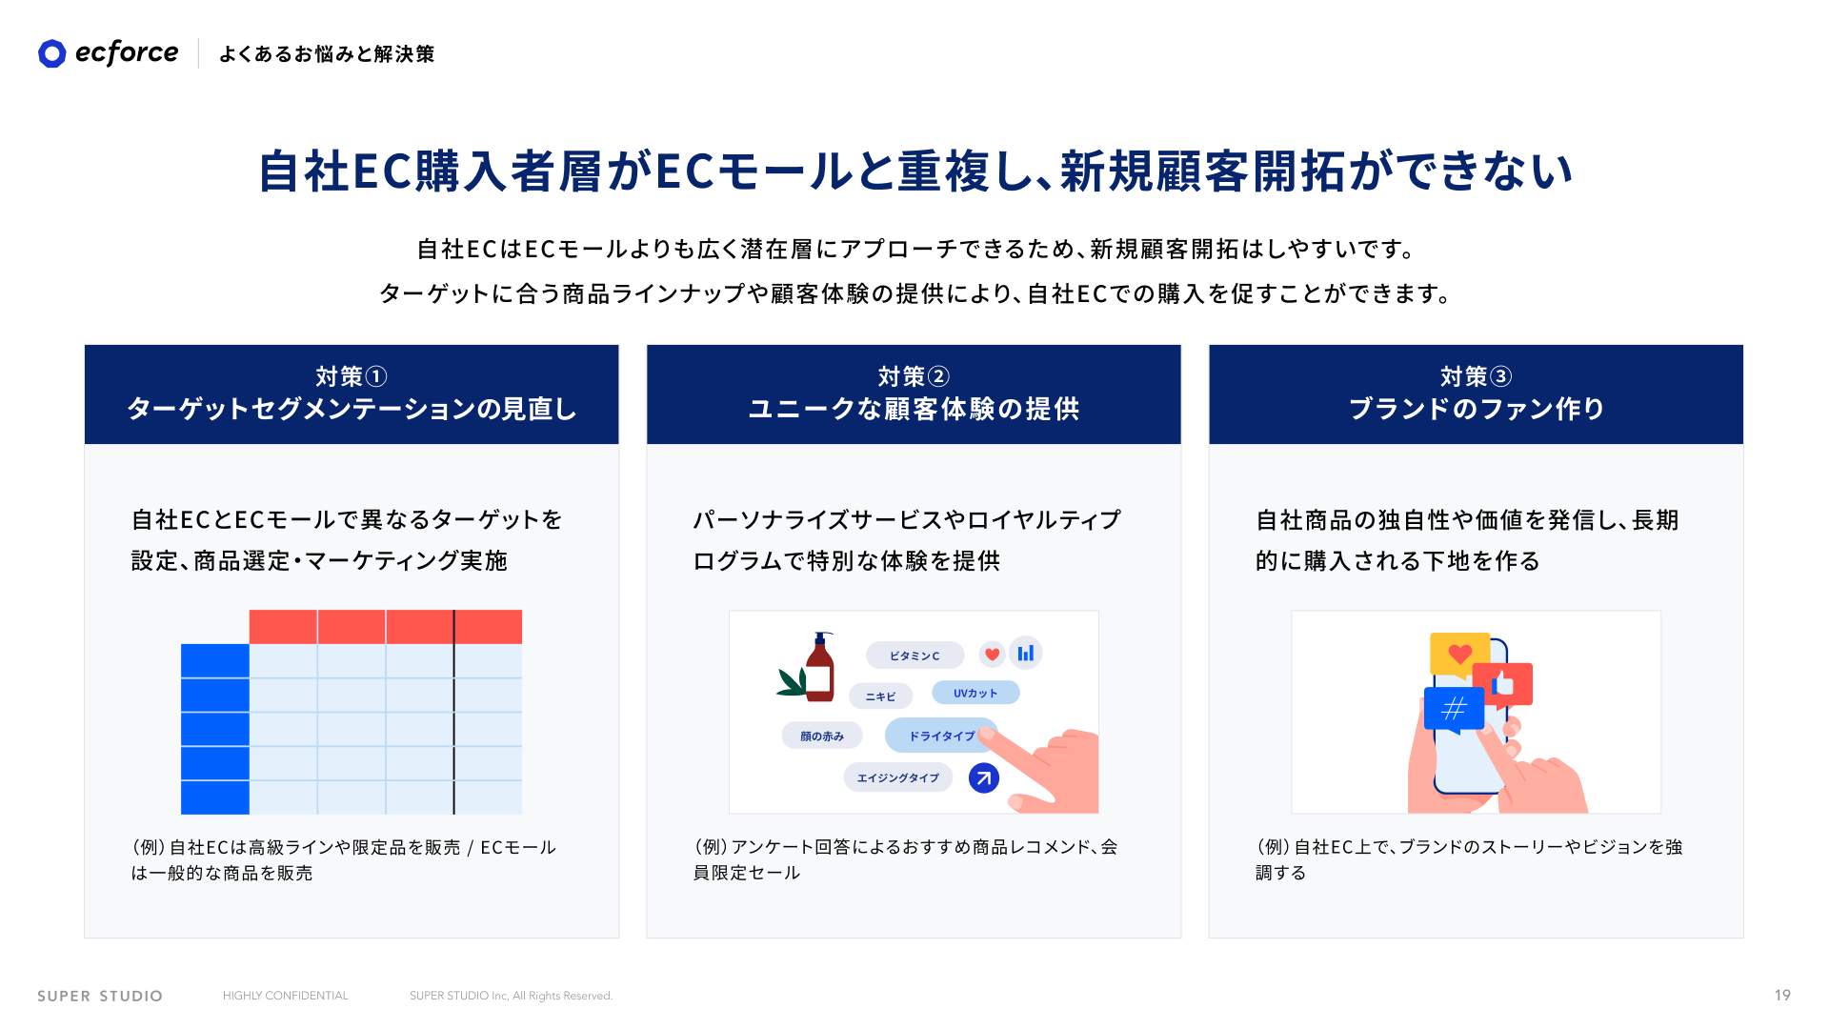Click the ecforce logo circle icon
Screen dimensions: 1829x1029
point(52,53)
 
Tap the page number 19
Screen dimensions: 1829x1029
point(1782,995)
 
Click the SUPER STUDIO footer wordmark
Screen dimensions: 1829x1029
point(100,996)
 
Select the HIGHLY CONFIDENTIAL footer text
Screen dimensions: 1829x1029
point(286,996)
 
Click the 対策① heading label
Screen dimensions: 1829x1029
point(352,376)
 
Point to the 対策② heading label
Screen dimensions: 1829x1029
point(914,376)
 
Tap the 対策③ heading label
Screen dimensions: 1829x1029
point(1476,376)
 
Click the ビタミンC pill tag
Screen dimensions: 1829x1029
point(914,656)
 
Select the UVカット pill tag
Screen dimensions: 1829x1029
point(975,693)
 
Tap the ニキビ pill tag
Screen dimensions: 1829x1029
point(880,696)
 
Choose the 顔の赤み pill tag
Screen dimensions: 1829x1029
point(822,736)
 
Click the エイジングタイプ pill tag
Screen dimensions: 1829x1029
point(898,777)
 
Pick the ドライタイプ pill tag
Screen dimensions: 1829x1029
point(941,736)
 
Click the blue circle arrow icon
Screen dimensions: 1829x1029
point(984,778)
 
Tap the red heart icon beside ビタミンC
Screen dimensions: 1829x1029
point(993,654)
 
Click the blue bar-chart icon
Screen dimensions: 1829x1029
point(1026,653)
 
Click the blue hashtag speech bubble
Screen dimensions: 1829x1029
point(1454,710)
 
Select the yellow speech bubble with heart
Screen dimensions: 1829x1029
point(1459,655)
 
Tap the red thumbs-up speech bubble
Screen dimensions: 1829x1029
point(1503,685)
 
